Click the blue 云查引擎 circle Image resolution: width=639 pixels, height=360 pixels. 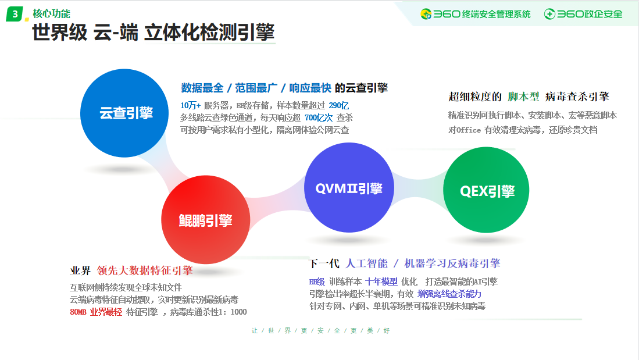click(124, 113)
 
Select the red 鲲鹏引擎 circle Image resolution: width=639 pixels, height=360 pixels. click(205, 220)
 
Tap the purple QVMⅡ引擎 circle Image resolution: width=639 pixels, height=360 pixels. click(349, 187)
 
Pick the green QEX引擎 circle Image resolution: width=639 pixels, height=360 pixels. click(486, 190)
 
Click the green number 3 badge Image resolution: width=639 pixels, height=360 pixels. click(15, 15)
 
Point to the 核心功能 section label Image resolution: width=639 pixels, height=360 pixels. click(51, 13)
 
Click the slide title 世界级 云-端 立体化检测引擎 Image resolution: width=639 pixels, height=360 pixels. click(153, 32)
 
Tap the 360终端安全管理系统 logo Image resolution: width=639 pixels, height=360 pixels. click(476, 15)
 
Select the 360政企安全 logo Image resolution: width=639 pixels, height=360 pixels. click(583, 15)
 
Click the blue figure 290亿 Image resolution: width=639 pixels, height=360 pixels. click(338, 106)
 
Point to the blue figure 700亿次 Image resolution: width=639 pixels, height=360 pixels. click(318, 118)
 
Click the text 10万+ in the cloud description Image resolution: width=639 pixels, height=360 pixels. click(190, 106)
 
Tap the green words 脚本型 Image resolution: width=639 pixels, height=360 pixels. click(523, 97)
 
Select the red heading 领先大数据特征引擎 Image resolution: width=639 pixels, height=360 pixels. click(145, 270)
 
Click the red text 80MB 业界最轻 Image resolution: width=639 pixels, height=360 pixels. click(96, 312)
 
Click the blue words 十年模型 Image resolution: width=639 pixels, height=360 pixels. click(381, 281)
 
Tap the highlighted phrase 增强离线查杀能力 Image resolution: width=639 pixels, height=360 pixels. click(449, 294)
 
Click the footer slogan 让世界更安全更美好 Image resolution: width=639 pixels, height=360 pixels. click(321, 331)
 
